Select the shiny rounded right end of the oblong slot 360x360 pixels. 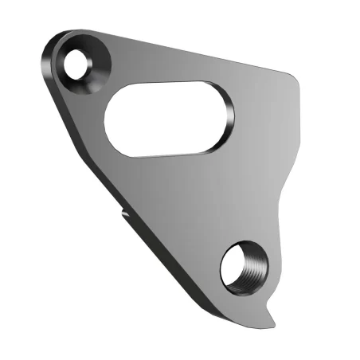tap(227, 117)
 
